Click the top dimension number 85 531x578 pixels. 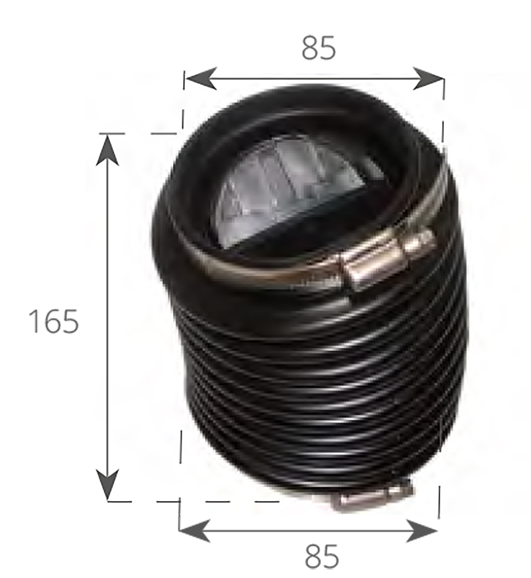[x=319, y=48]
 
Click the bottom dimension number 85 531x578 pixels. [x=321, y=557]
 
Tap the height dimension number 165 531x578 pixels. [x=54, y=321]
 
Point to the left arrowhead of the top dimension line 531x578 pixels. [x=200, y=79]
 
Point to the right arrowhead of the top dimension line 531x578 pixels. [x=428, y=79]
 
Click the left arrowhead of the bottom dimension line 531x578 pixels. [x=195, y=531]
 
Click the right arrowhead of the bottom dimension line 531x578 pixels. [x=422, y=531]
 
